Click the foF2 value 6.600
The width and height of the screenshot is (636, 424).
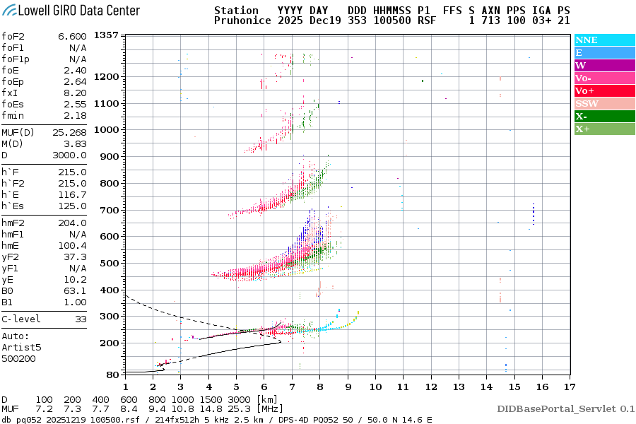coord(72,36)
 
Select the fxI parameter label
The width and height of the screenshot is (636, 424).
coord(10,93)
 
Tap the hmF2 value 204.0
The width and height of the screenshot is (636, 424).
coord(72,223)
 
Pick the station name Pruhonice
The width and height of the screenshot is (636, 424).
coord(242,21)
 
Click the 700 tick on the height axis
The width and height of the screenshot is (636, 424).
coord(109,211)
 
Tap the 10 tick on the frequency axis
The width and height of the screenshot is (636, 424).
coord(375,386)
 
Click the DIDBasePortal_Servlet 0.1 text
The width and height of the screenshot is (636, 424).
coord(565,408)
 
